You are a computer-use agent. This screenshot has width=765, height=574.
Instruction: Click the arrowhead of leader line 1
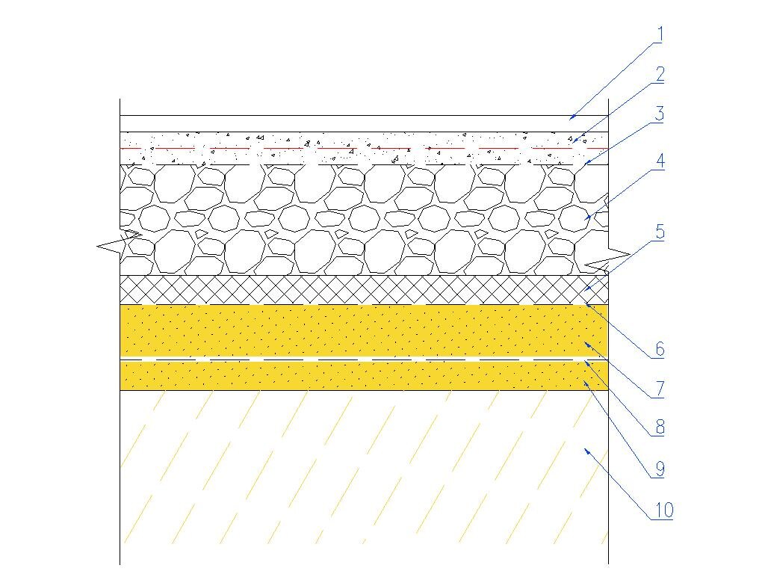point(569,117)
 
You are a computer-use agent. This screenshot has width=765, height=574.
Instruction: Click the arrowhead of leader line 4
point(588,218)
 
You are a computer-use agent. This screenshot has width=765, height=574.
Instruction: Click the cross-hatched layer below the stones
point(359,290)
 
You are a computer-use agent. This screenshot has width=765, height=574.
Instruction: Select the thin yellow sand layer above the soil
point(359,376)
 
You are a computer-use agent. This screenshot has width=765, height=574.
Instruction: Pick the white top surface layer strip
point(359,124)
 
